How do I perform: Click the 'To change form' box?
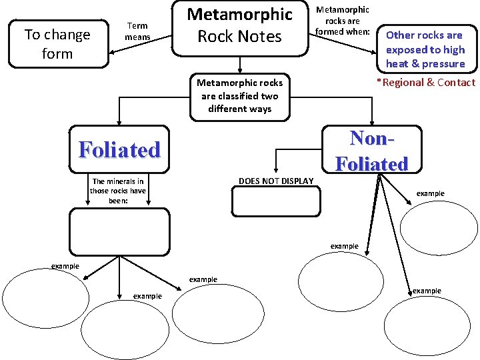tap(57, 43)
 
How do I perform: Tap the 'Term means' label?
tap(138, 31)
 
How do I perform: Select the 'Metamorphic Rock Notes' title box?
tap(240, 27)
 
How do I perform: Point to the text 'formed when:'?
tap(342, 31)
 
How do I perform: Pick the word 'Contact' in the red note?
tap(456, 83)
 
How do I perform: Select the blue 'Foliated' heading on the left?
tap(120, 149)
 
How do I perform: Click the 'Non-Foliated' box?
tap(371, 151)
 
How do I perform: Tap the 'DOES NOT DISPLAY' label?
tap(275, 181)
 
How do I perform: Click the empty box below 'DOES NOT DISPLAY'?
tap(275, 202)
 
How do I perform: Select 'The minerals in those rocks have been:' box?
tap(118, 191)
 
